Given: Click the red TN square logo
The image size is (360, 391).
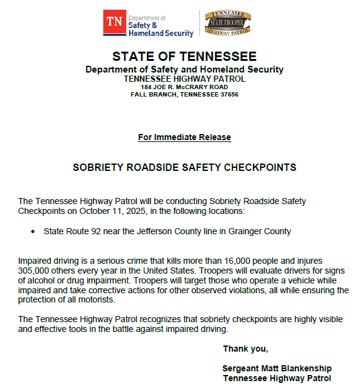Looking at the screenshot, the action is (x=114, y=23).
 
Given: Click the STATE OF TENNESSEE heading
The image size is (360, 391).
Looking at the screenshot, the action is (x=185, y=57).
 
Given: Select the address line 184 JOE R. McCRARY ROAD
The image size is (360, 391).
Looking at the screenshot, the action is (x=185, y=87).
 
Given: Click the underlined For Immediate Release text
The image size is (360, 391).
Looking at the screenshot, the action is (x=185, y=137).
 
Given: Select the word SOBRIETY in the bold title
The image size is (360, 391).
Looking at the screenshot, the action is (x=99, y=167).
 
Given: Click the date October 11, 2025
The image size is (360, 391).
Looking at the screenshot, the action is (x=102, y=211).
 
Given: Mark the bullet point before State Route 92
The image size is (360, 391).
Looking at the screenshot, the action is (x=33, y=232).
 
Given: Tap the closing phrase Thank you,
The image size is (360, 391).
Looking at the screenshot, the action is (x=246, y=349).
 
